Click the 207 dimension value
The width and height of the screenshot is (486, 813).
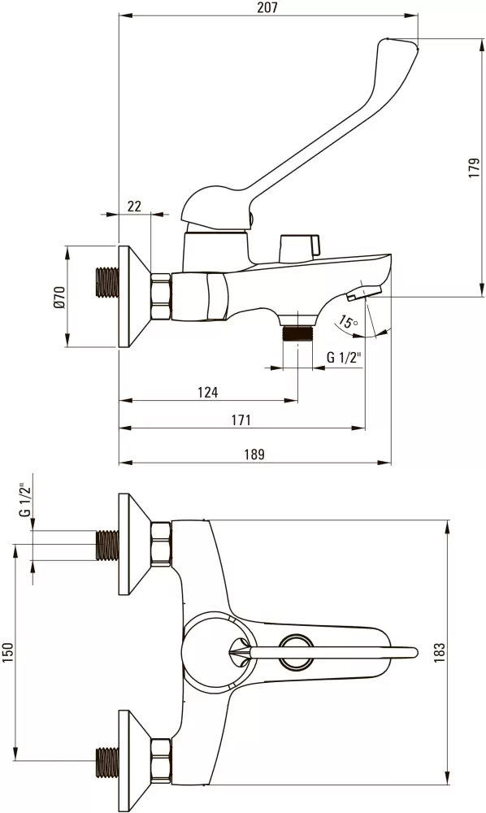pos(268,7)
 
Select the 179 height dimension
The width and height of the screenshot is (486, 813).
pos(474,168)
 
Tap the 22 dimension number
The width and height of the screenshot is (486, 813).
pos(134,206)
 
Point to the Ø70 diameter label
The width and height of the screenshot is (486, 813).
pos(59,298)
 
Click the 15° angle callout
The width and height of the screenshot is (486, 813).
pos(347,321)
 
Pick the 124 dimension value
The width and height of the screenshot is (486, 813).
pos(208,393)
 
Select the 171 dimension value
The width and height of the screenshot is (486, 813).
pos(241,420)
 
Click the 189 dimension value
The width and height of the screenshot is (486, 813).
pos(254,454)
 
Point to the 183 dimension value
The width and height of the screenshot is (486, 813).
pos(439,653)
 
